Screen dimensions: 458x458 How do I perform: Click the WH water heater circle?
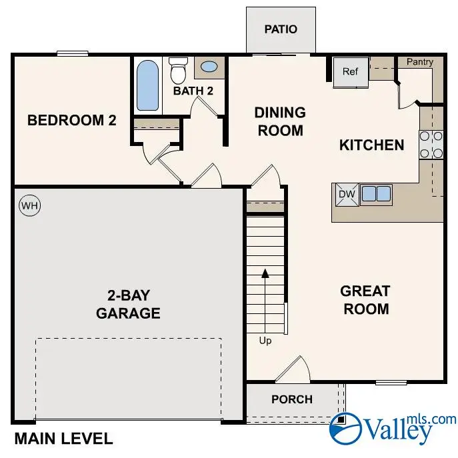(x=29, y=206)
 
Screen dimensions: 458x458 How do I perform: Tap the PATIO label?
(x=281, y=29)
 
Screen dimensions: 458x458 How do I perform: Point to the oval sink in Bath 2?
(x=209, y=67)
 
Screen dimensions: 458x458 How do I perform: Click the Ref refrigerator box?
(x=351, y=72)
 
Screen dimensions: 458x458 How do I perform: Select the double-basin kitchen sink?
(x=376, y=194)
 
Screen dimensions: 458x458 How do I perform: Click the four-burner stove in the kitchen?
(x=431, y=145)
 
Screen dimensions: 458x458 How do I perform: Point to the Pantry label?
(x=420, y=62)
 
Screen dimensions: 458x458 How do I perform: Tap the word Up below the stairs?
(x=265, y=341)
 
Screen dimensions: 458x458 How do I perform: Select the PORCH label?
(x=292, y=399)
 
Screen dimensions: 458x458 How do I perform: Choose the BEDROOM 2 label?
(x=71, y=121)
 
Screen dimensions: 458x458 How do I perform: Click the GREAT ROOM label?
(x=365, y=300)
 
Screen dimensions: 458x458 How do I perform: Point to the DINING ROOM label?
(x=280, y=121)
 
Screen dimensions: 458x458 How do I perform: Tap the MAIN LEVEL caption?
(x=63, y=439)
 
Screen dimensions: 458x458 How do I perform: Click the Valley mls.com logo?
(x=393, y=427)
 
